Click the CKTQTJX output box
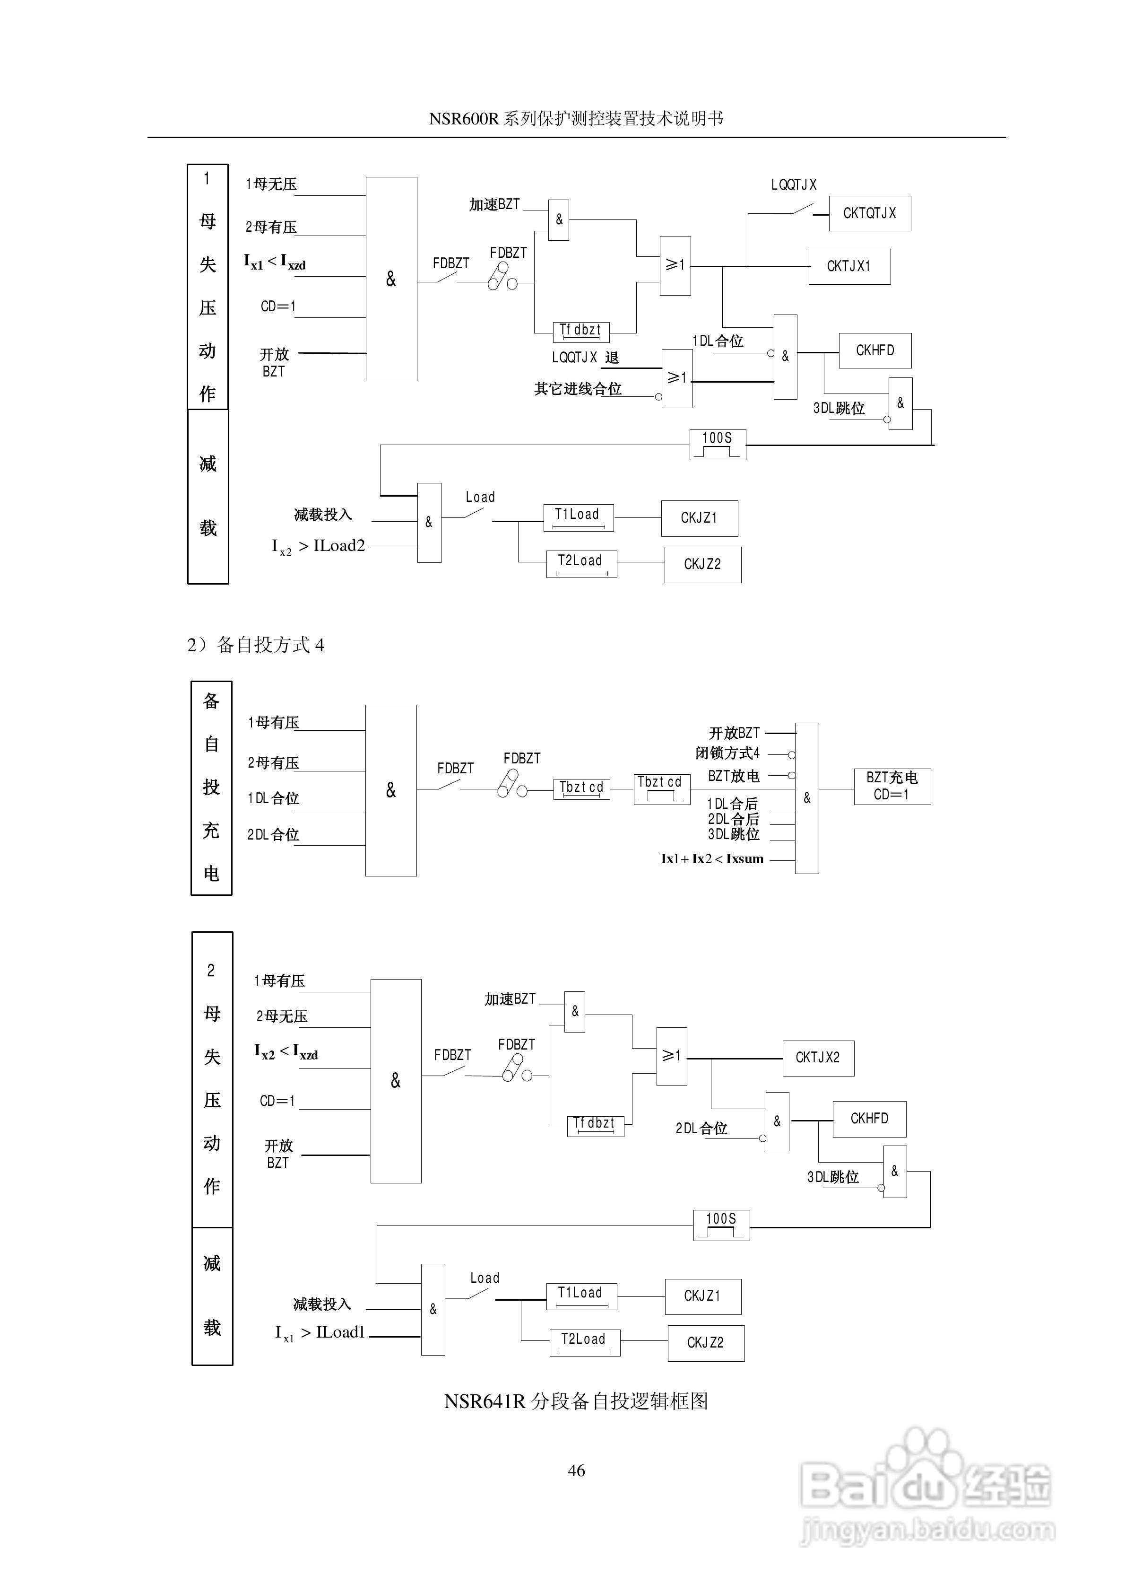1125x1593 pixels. (869, 213)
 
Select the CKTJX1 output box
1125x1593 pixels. (849, 266)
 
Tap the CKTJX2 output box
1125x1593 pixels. (818, 1058)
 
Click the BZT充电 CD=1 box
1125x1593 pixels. (891, 786)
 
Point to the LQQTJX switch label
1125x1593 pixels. (794, 184)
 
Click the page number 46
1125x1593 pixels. (576, 1470)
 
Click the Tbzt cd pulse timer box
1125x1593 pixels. (662, 789)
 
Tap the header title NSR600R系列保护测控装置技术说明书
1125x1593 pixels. (576, 119)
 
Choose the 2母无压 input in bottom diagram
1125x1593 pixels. (282, 1016)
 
